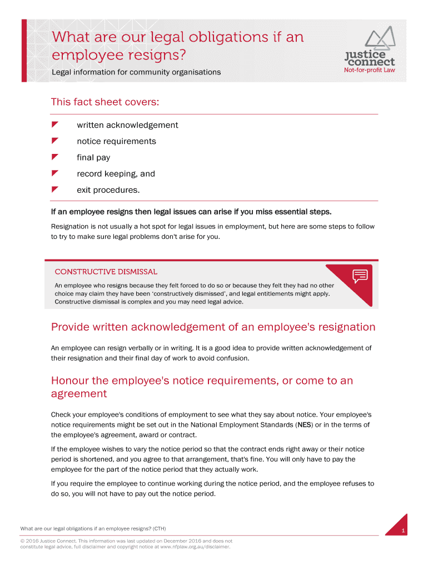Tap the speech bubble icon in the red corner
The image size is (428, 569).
[x=360, y=275]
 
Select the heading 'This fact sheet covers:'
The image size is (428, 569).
[x=105, y=102]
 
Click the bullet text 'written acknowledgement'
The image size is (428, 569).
[x=127, y=125]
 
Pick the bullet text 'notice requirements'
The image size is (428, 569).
[x=116, y=141]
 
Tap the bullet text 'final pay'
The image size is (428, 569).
[x=93, y=157]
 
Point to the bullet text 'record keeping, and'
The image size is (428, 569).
[x=116, y=173]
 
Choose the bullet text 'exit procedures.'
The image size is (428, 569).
[x=108, y=190]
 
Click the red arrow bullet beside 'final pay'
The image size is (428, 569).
[x=54, y=157]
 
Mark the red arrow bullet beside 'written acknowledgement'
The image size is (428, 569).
[x=54, y=124]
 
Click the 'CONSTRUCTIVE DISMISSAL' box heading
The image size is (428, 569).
[x=106, y=272]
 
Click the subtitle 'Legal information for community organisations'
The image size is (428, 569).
[x=136, y=72]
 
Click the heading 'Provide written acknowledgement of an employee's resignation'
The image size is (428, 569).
[x=213, y=327]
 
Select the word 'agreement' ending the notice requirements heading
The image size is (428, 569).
[x=78, y=393]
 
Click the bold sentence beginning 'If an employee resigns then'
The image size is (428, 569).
[x=191, y=212]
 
